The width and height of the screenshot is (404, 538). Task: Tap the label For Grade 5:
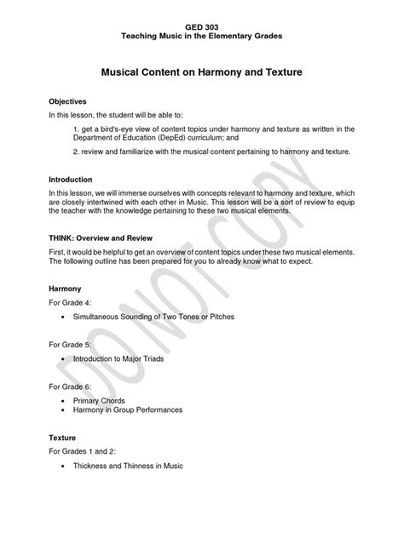click(x=72, y=345)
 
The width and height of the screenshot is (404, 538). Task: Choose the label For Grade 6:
click(x=72, y=383)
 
